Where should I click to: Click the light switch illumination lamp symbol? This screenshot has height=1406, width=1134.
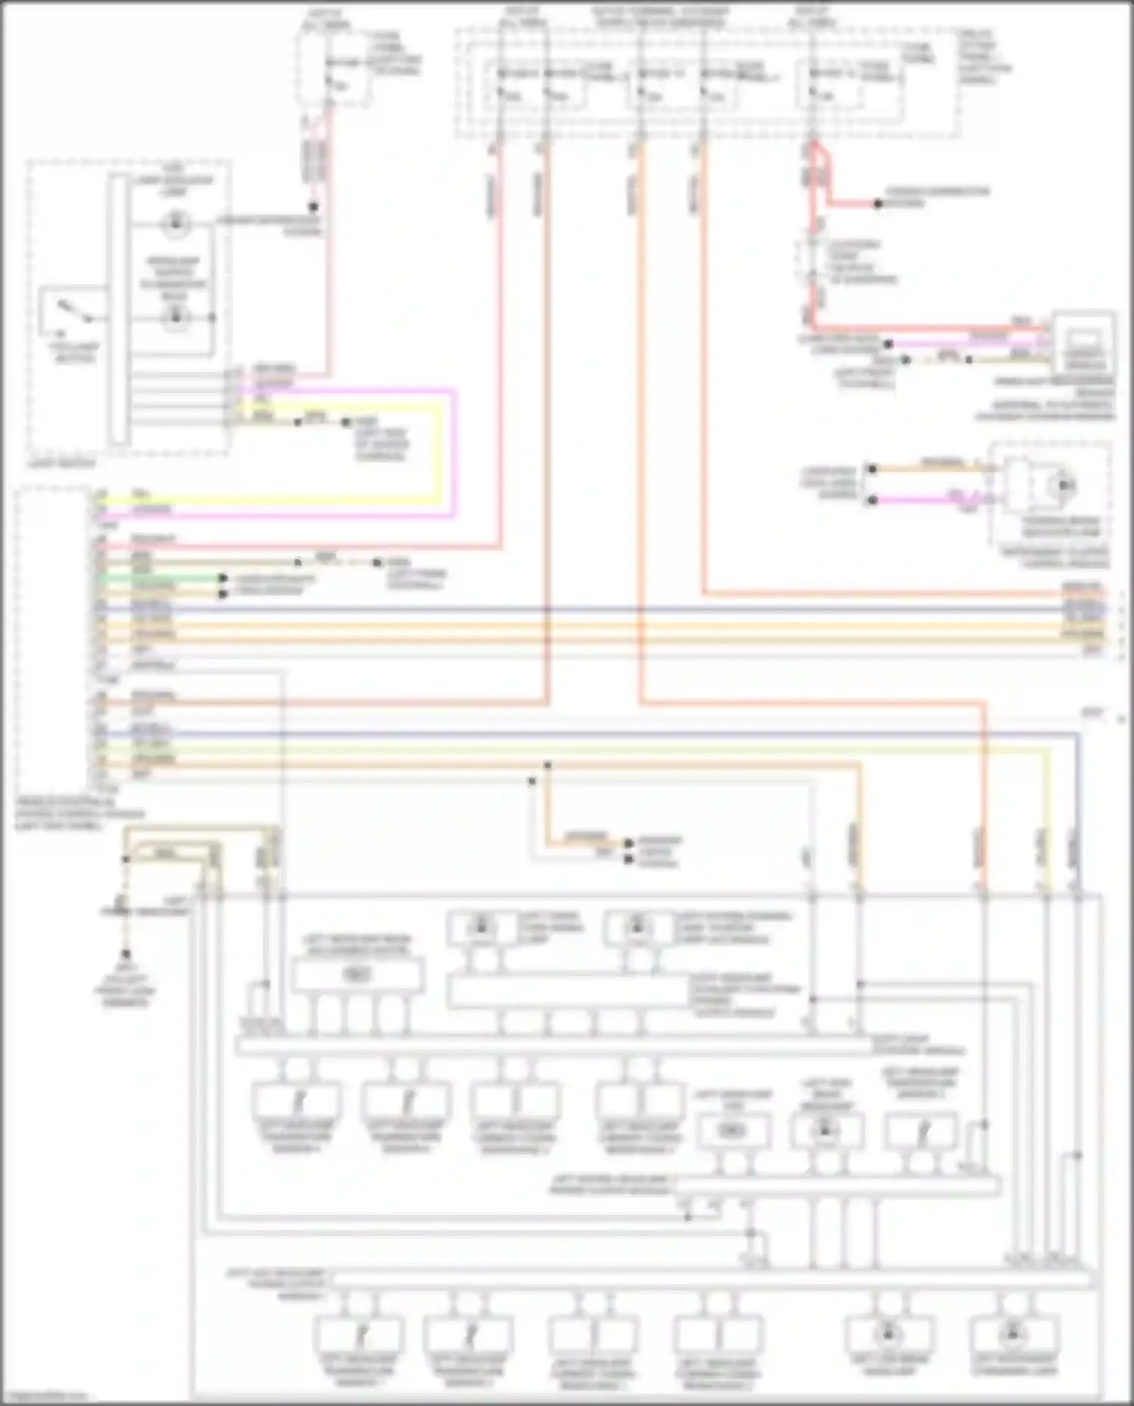175,223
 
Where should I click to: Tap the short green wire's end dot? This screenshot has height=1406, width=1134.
223,578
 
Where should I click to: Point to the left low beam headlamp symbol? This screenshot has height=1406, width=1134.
888,1333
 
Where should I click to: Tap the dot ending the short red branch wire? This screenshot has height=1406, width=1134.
878,204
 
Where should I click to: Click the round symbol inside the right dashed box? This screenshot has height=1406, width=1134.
1064,484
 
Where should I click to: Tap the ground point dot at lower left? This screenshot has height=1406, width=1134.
126,954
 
